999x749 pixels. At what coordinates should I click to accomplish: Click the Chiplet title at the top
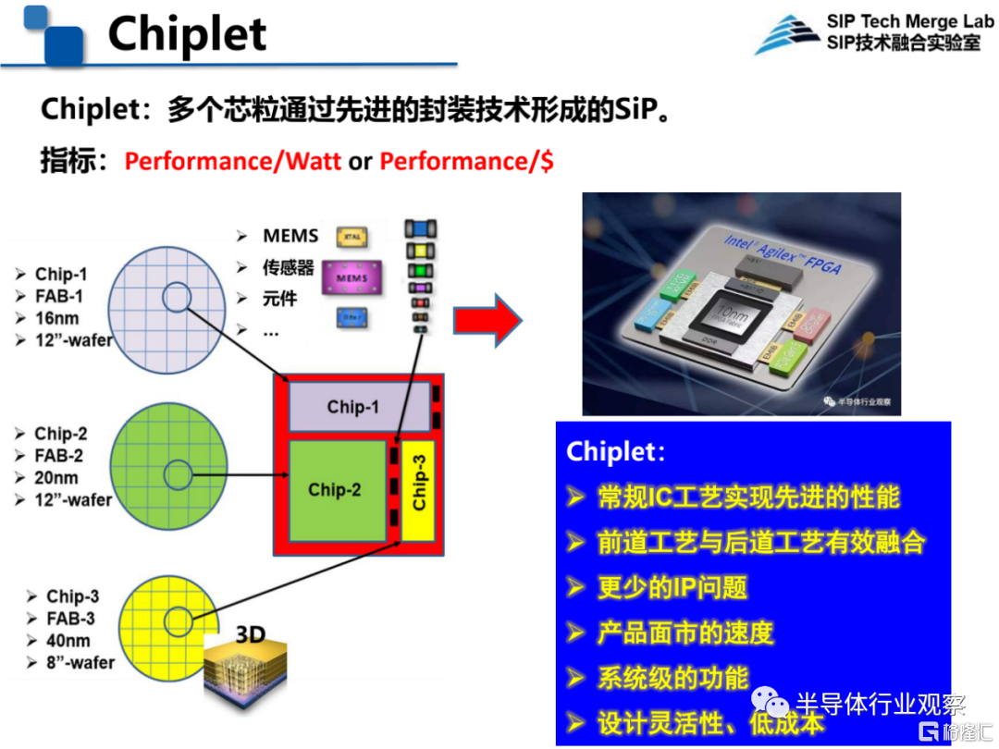[x=187, y=34]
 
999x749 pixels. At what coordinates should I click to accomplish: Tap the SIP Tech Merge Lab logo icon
[x=787, y=33]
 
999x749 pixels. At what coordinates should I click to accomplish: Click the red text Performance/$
[x=466, y=161]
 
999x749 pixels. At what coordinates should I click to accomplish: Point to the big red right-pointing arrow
[x=487, y=320]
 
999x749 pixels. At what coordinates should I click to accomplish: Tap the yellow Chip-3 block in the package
[x=419, y=490]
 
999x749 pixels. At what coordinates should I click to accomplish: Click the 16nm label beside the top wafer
[x=56, y=318]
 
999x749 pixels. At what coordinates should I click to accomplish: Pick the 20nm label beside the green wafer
[x=56, y=478]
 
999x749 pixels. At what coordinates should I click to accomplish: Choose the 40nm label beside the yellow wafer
[x=68, y=641]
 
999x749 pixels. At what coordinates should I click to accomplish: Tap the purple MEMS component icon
[x=351, y=278]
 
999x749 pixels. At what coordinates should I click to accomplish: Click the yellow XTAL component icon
[x=352, y=237]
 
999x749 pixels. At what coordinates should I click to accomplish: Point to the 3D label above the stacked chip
[x=251, y=634]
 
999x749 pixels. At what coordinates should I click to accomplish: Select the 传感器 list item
[x=288, y=268]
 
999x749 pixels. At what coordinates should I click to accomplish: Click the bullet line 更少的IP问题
[x=672, y=587]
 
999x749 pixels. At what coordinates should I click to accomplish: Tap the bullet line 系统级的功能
[x=672, y=678]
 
